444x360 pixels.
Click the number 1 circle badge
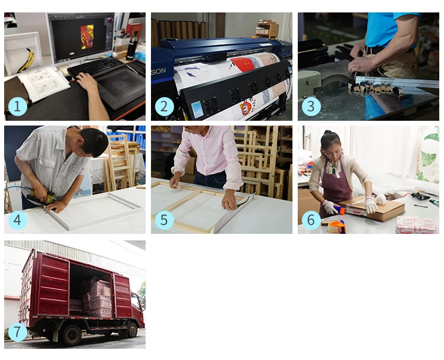(x=18, y=107)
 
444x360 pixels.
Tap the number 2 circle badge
(x=164, y=107)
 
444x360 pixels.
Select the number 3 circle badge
(x=311, y=107)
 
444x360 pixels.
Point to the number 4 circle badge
(x=18, y=220)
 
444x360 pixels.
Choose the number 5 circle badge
(x=164, y=220)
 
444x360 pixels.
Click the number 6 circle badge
(x=311, y=220)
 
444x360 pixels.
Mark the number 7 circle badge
(x=18, y=332)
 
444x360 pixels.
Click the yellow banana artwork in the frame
(x=25, y=60)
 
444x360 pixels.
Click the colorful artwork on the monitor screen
(x=87, y=37)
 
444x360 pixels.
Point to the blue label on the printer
(x=197, y=110)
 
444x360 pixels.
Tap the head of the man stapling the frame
(x=92, y=141)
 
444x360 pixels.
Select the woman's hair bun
(x=328, y=132)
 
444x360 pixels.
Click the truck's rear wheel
(x=72, y=335)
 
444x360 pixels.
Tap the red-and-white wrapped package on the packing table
(x=416, y=224)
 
